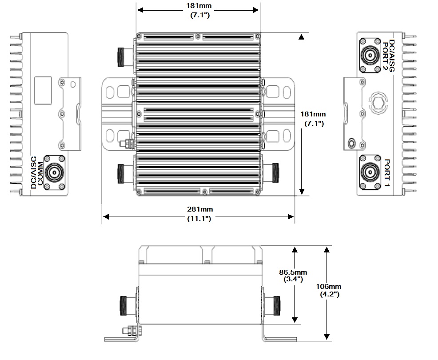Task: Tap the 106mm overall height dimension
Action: pos(331,286)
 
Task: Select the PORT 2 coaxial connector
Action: pos(370,56)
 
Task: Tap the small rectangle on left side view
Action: pos(44,86)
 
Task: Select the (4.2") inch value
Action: pos(331,295)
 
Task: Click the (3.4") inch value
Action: pos(293,280)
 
